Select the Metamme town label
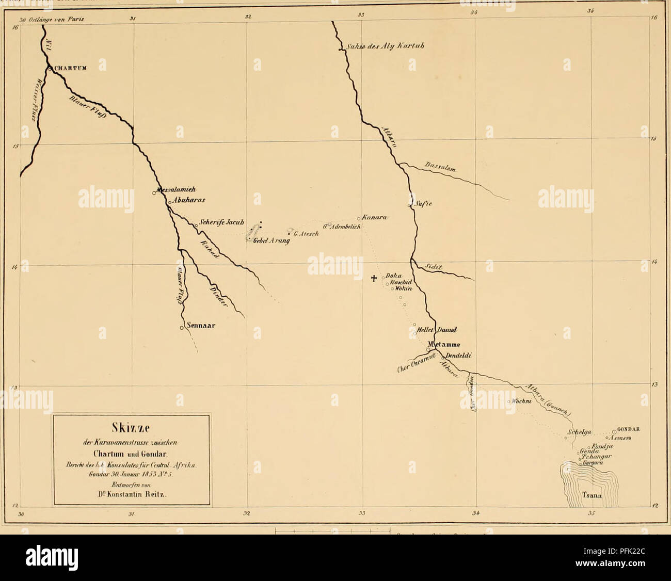click(444, 345)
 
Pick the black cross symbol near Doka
click(375, 279)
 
